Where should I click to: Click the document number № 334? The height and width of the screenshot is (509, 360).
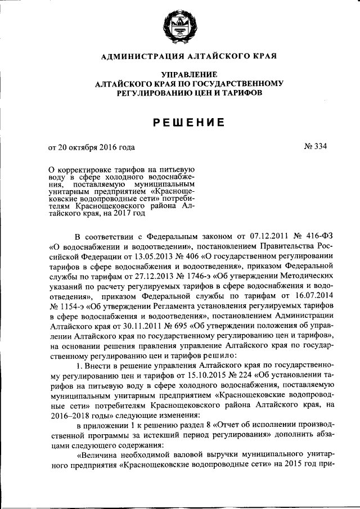point(314,147)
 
